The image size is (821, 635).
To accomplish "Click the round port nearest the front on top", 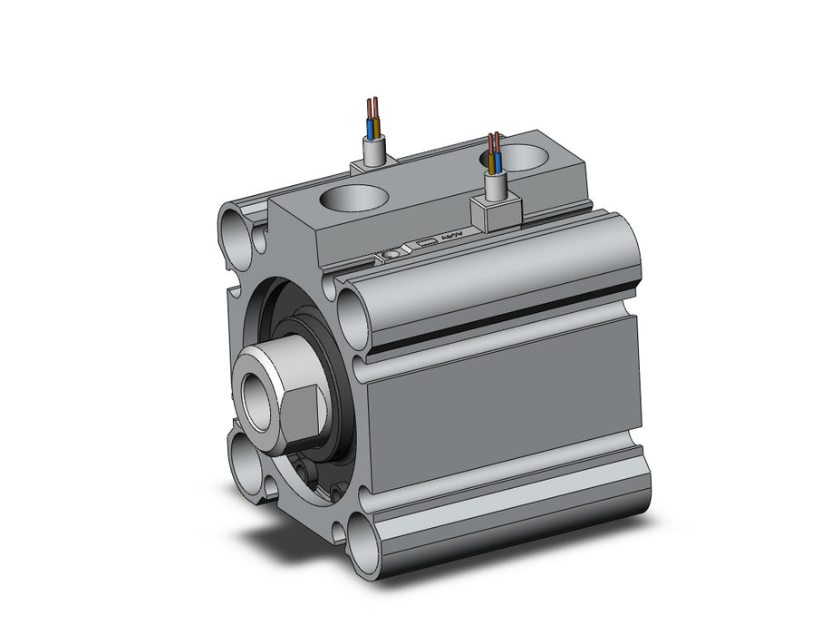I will [353, 197].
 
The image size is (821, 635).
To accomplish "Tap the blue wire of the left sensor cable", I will [371, 123].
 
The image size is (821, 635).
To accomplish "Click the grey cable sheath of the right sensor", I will [495, 187].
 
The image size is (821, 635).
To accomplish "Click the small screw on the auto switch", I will [391, 257].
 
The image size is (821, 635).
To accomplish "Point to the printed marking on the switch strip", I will [450, 238].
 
